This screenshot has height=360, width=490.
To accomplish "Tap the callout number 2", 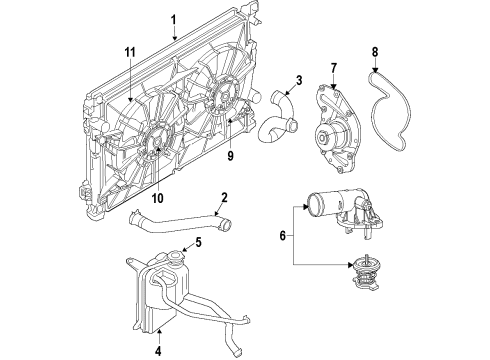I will point(224,197).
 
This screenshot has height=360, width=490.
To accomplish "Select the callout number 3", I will point(270,80).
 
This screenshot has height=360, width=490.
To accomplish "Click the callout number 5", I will point(199,241).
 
